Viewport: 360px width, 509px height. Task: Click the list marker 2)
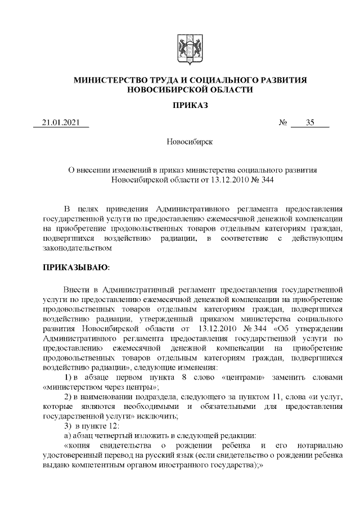tap(69, 397)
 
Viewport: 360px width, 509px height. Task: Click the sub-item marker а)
tap(67, 435)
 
